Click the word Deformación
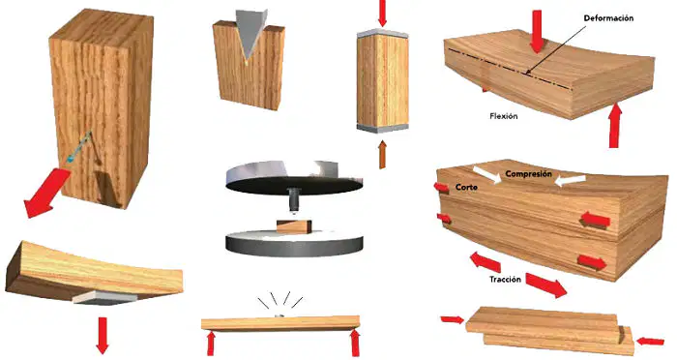point(608,18)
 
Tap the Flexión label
point(504,116)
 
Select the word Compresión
point(528,174)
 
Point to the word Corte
point(466,187)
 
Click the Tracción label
point(505,279)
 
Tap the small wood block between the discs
point(294,226)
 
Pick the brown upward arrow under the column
point(382,155)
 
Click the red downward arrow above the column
point(382,13)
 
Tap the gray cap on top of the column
point(383,33)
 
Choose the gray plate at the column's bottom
point(383,127)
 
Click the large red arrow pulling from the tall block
point(46,193)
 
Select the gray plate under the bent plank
point(104,296)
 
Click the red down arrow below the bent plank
point(103,336)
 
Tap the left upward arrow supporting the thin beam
point(211,344)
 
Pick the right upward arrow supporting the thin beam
point(355,343)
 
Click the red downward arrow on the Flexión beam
point(537,32)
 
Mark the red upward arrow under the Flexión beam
point(614,125)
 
